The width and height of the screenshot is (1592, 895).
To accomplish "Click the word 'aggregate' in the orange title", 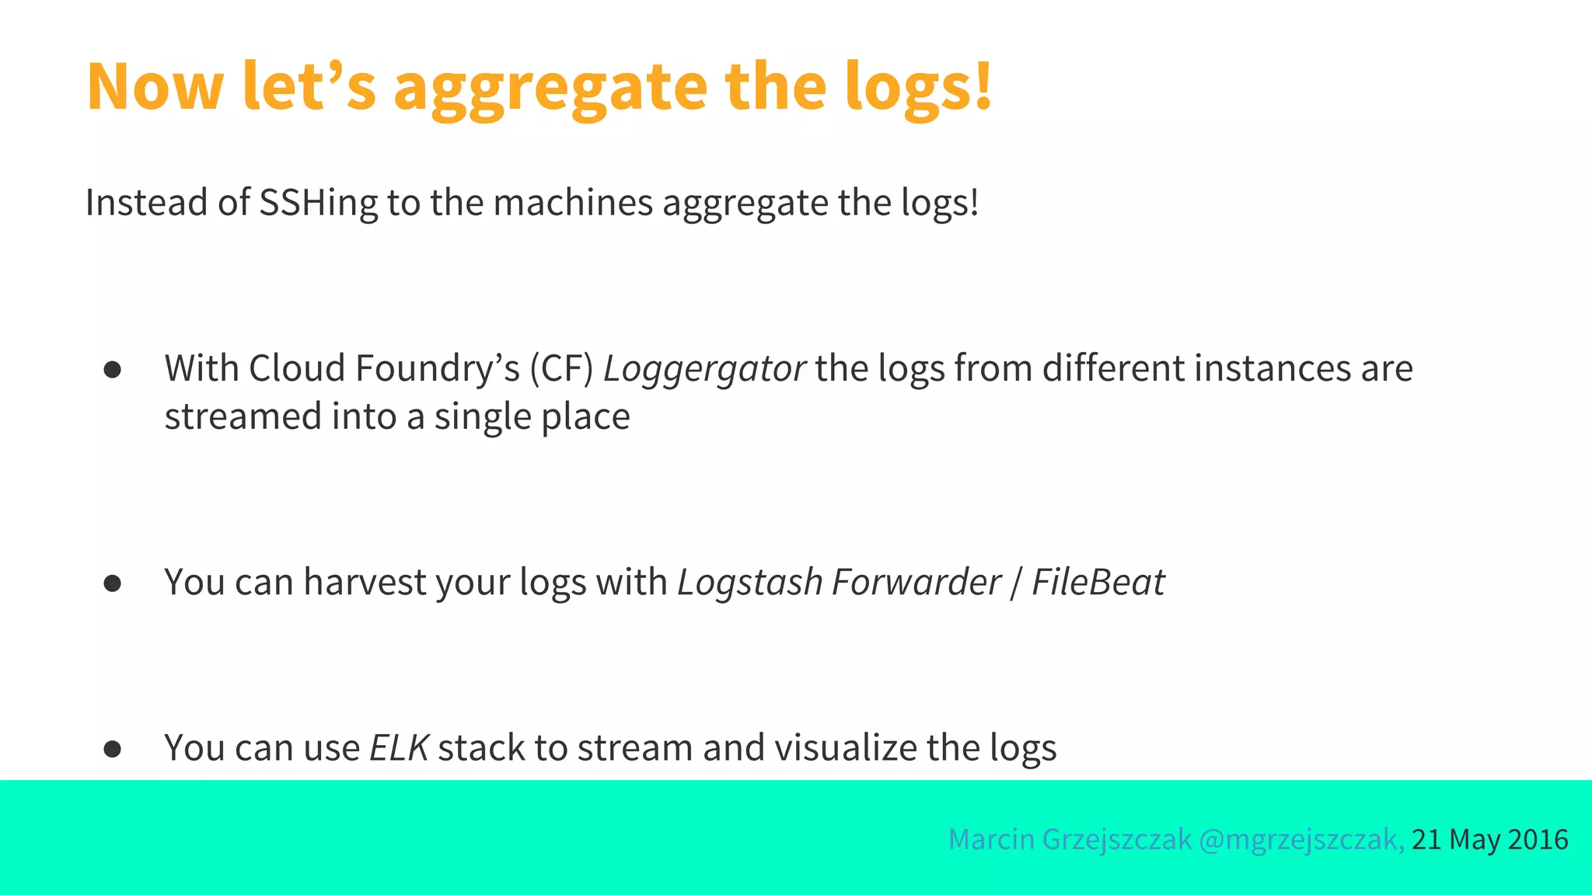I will tap(550, 87).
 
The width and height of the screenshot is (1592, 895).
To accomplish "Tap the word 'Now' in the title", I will tap(155, 87).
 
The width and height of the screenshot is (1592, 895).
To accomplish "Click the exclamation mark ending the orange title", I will tap(983, 85).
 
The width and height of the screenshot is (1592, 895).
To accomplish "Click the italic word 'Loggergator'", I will tap(704, 369).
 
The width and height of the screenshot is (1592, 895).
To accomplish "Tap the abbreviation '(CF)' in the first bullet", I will tap(561, 369).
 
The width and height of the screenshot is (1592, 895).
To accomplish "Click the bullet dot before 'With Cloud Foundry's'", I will tap(113, 370).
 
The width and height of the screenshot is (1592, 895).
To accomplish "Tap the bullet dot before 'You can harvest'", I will tap(113, 583).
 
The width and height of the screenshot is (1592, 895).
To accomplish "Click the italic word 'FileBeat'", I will tap(1098, 583).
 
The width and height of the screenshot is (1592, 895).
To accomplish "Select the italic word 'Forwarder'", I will tap(916, 583).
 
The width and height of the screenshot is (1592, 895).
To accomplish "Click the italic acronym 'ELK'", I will tap(399, 748).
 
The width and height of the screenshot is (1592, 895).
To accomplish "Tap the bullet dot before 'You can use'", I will tap(113, 749).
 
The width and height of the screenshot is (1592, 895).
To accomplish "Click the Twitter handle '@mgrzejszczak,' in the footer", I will tap(1301, 840).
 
